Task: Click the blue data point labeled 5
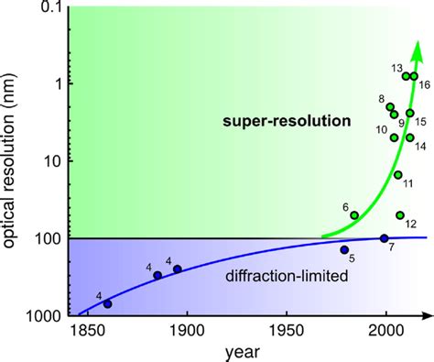coord(344,249)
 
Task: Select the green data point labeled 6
coord(354,215)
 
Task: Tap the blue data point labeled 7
coord(385,238)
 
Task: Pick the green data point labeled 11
coord(397,174)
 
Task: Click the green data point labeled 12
coord(400,215)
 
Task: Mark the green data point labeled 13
coord(406,76)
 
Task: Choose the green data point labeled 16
coord(414,76)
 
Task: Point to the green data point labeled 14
coord(409,137)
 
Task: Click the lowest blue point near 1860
coord(108,303)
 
